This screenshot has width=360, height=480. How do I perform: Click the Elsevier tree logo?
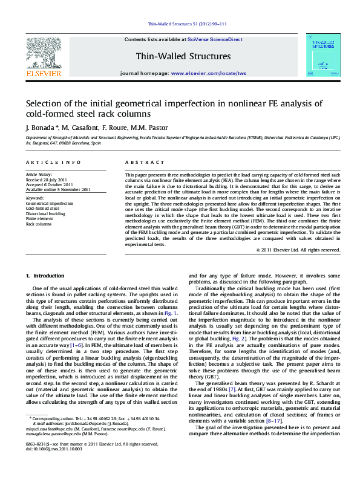[x=43, y=53]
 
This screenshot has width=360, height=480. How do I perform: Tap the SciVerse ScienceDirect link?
[x=215, y=39]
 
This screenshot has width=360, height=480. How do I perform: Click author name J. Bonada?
[x=41, y=128]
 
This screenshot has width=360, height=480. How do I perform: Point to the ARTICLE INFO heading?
[x=53, y=163]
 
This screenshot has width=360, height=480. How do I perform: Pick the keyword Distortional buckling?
[x=45, y=213]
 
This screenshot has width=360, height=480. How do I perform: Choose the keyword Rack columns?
[x=38, y=224]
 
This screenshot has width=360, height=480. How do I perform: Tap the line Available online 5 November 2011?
[x=58, y=189]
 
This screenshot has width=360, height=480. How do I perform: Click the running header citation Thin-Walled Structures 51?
[x=180, y=25]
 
